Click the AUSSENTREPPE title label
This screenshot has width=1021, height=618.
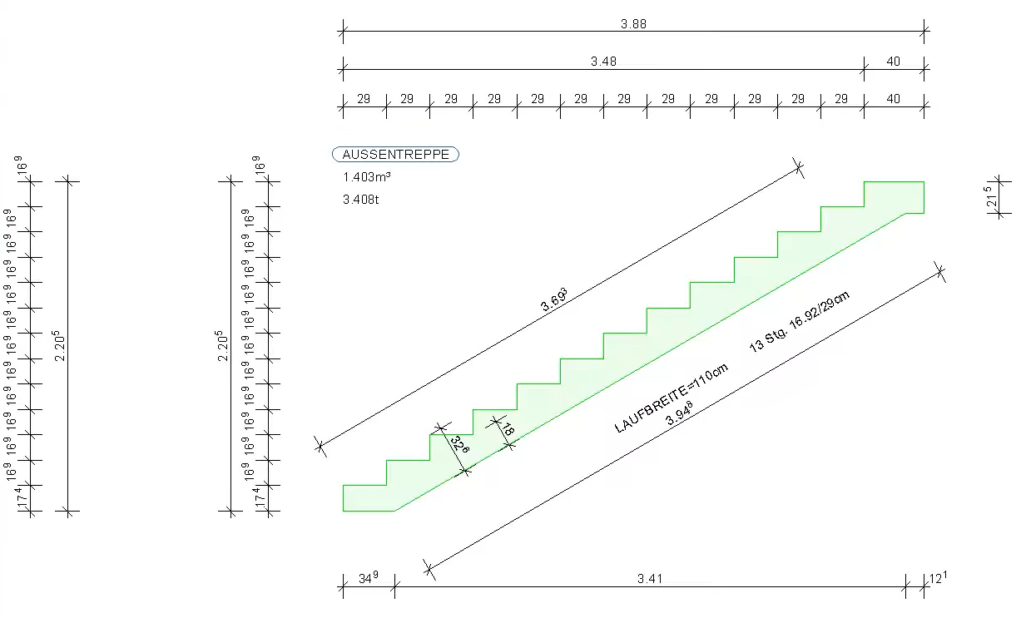[x=395, y=155]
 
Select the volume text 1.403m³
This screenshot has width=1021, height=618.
[x=366, y=177]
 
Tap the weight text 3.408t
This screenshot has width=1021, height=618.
[x=360, y=200]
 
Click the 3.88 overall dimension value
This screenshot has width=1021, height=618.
[x=633, y=23]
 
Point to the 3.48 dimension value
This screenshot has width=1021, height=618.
[x=603, y=62]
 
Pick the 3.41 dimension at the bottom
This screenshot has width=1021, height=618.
[x=650, y=579]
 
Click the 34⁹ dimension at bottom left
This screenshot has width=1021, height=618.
[x=369, y=578]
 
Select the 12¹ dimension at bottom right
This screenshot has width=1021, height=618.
[x=938, y=578]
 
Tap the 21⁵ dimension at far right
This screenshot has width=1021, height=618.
[x=990, y=196]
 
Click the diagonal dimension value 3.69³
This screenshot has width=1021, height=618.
[x=554, y=299]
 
